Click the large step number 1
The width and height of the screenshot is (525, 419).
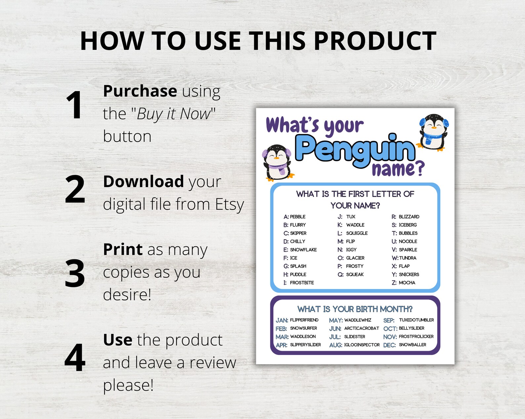tap(74, 105)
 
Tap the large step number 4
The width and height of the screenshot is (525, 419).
tap(75, 357)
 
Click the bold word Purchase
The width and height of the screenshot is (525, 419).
tap(140, 91)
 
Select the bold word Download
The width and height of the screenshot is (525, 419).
tap(143, 181)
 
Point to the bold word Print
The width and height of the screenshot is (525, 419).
tap(123, 249)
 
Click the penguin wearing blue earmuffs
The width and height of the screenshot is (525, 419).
tap(433, 132)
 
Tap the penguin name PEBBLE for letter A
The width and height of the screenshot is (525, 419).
tap(298, 217)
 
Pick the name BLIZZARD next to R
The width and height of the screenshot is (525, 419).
tap(409, 217)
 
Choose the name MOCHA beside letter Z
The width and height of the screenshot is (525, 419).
tap(407, 283)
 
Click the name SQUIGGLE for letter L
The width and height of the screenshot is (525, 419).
tap(357, 233)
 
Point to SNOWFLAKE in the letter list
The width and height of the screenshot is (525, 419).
tap(303, 250)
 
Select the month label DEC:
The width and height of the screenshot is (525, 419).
tap(389, 345)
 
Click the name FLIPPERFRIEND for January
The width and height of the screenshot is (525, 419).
tap(304, 320)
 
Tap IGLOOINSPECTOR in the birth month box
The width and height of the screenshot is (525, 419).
tap(362, 345)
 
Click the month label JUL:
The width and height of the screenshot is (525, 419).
tap(335, 337)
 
